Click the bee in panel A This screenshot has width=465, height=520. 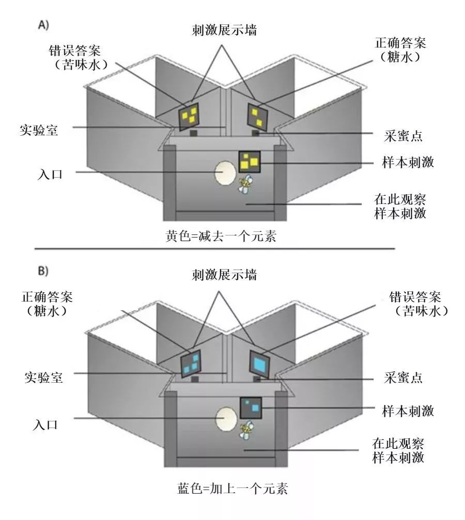[246, 184]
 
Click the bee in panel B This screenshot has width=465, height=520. [246, 429]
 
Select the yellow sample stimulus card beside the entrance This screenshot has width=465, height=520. [250, 162]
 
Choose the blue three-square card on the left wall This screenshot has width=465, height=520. [190, 364]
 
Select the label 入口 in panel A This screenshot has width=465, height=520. [50, 174]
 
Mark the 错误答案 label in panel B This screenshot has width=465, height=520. [416, 298]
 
